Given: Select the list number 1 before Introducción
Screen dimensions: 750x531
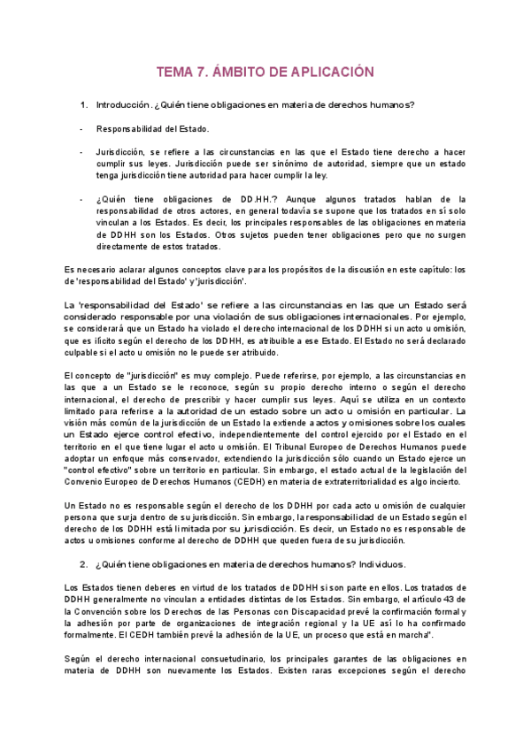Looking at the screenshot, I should [x=83, y=106].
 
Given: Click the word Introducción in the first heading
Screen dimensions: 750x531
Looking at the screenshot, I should [x=122, y=106].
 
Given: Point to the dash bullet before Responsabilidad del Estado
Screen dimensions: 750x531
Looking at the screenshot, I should [x=81, y=129].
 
